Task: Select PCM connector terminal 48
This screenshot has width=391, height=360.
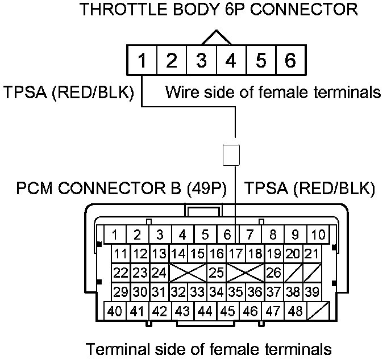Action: tap(296, 311)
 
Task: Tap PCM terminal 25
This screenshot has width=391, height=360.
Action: tap(216, 273)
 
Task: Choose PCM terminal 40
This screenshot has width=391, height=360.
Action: tap(115, 311)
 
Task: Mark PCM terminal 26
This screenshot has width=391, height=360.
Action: tap(274, 273)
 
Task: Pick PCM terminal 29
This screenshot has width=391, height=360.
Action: tap(120, 292)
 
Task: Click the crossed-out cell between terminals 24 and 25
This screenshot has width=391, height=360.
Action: tap(188, 273)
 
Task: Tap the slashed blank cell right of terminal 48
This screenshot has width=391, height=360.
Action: tap(318, 311)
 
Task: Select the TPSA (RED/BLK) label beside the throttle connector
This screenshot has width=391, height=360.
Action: tap(68, 93)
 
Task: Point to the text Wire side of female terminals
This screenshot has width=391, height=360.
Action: tap(273, 93)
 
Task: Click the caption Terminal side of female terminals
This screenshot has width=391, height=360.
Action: tap(208, 348)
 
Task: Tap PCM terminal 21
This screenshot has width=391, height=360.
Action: tap(310, 254)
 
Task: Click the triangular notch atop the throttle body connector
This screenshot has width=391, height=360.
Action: tap(216, 37)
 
